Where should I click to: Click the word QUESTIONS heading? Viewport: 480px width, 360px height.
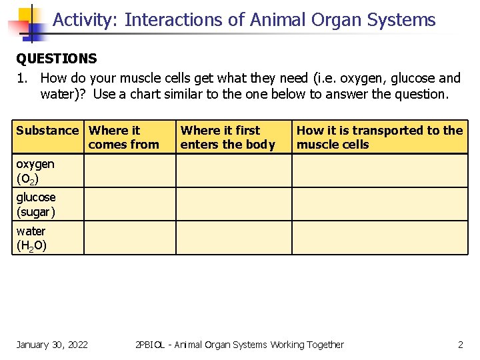[57, 59]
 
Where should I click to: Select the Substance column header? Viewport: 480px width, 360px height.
[47, 131]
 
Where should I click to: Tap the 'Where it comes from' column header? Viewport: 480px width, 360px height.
[123, 137]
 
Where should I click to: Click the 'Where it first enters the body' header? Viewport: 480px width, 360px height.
[227, 137]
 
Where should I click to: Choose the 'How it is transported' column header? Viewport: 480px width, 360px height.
[379, 137]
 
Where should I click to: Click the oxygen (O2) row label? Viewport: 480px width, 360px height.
[35, 171]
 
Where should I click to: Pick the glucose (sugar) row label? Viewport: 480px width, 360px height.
[36, 205]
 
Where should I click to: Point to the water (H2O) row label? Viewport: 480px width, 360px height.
[31, 238]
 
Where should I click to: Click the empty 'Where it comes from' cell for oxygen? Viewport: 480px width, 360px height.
[129, 171]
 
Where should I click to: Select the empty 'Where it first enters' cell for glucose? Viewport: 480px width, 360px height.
[233, 204]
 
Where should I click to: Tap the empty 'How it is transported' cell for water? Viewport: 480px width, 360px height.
[380, 237]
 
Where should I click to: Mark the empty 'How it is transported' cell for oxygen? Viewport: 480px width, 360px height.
[380, 171]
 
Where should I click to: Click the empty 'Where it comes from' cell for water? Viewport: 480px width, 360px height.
[129, 237]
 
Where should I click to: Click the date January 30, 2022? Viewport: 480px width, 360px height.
[52, 345]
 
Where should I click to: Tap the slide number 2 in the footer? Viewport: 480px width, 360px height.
[460, 345]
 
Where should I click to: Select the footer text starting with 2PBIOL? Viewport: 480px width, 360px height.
[239, 345]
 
